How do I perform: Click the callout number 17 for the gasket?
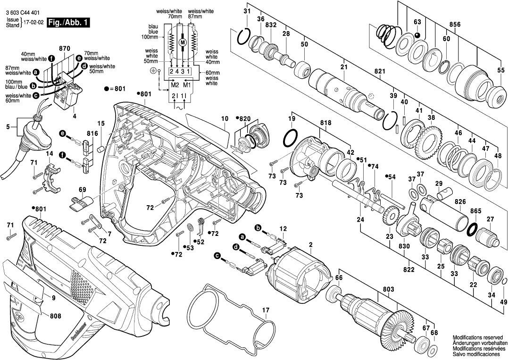[266, 310]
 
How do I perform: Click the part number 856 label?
[455, 24]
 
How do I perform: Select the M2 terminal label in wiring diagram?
[175, 85]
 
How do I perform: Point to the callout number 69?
[83, 190]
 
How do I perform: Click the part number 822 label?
[409, 269]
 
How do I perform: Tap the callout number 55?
[500, 70]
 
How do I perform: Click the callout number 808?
[55, 316]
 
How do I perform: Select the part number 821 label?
[380, 72]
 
